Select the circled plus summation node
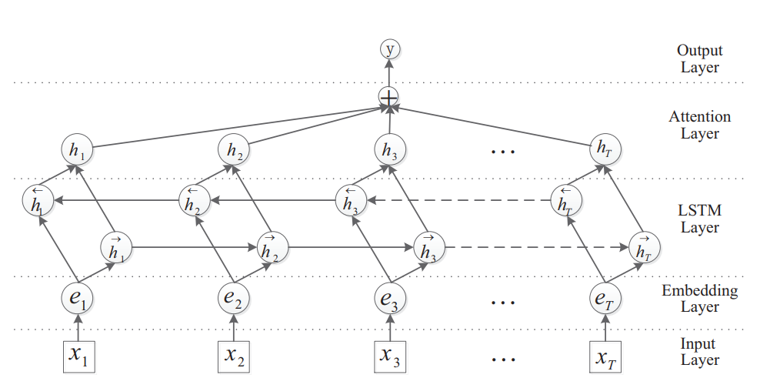(390, 98)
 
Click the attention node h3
(389, 148)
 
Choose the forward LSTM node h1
(117, 248)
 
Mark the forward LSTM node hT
(645, 247)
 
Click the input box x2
(235, 355)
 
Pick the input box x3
(390, 355)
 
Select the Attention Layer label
(699, 125)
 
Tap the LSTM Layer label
(699, 219)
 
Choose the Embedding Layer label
(699, 299)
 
